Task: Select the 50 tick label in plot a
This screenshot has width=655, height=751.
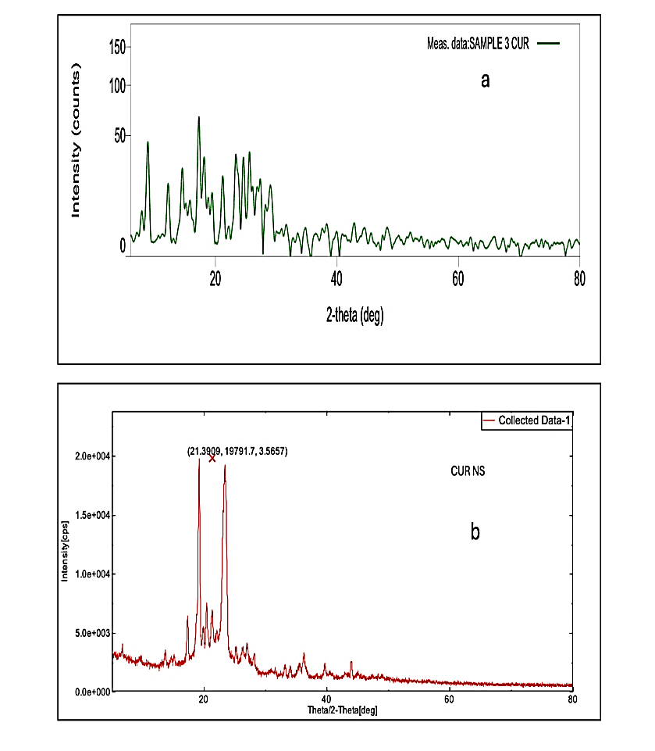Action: [x=120, y=136]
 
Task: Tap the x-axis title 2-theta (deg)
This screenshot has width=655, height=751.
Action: [x=354, y=315]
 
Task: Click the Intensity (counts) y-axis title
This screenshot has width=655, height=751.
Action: [x=76, y=143]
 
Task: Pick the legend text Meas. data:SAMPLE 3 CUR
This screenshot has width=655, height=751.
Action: [x=473, y=44]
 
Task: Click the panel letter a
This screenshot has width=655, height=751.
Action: [x=485, y=80]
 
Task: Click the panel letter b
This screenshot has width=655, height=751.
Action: [x=475, y=532]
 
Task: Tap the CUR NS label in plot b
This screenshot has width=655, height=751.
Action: [x=468, y=472]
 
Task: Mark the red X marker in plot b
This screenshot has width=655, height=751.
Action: [x=212, y=459]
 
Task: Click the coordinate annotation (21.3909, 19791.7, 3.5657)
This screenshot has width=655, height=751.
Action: [x=237, y=451]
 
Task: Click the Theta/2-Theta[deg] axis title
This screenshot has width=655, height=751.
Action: [x=344, y=710]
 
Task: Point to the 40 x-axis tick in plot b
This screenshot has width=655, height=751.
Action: [x=326, y=701]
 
